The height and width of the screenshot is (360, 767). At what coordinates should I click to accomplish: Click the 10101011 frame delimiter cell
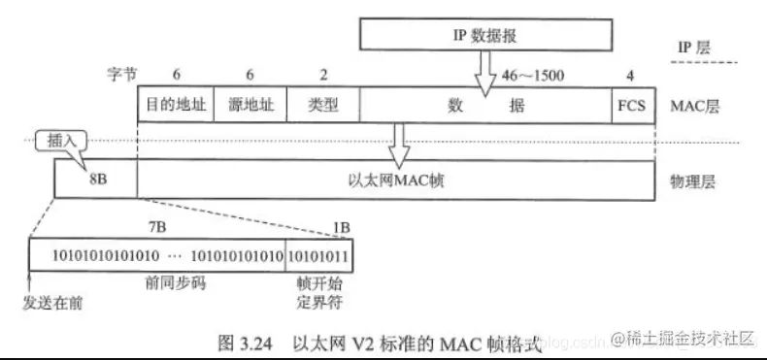pyautogui.click(x=319, y=254)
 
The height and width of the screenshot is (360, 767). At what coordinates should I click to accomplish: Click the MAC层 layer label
pyautogui.click(x=693, y=105)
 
